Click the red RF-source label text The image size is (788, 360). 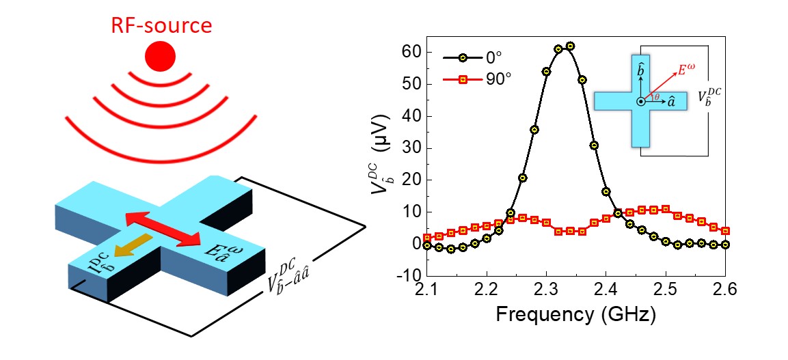[163, 26]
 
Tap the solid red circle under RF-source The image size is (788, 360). [163, 55]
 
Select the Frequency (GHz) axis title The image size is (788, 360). [575, 316]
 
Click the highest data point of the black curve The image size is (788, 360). [570, 46]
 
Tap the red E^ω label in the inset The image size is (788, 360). [687, 70]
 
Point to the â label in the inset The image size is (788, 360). [672, 102]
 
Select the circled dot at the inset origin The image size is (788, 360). [640, 101]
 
